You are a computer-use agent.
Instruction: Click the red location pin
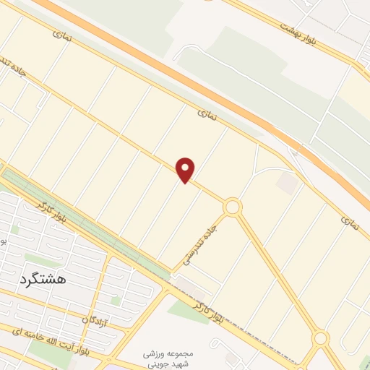(x=186, y=169)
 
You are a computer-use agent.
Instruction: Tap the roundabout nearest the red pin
(x=232, y=207)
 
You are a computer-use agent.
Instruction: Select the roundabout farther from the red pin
(x=321, y=338)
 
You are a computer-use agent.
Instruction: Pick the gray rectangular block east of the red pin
(x=287, y=184)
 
